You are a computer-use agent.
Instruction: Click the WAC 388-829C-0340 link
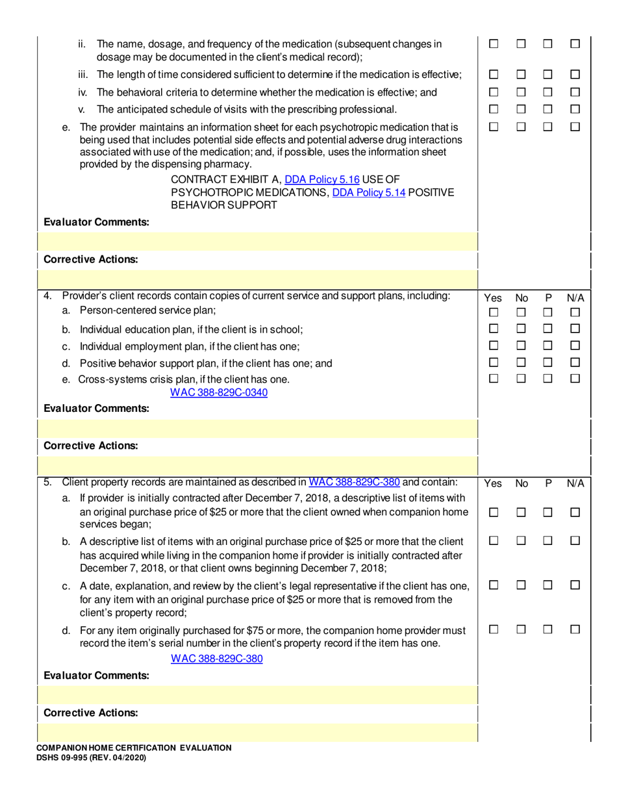coord(219,392)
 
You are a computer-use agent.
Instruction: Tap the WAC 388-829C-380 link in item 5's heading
coord(354,482)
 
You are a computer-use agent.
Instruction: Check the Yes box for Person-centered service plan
coord(493,313)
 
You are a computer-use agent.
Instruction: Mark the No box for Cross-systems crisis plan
coord(521,379)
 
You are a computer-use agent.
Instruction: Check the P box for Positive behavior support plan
coord(548,362)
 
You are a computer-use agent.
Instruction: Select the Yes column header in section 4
coord(493,298)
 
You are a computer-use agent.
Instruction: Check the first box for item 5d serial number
coord(493,629)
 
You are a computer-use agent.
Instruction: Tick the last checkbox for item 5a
coord(575,513)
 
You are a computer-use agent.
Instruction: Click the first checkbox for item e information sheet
coord(493,127)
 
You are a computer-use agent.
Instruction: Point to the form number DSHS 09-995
coord(92,757)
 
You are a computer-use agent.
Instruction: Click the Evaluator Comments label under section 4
coord(96,409)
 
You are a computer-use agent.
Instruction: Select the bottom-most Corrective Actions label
coord(90,713)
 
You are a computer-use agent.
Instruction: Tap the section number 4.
coord(47,296)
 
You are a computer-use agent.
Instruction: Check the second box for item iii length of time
coord(521,75)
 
